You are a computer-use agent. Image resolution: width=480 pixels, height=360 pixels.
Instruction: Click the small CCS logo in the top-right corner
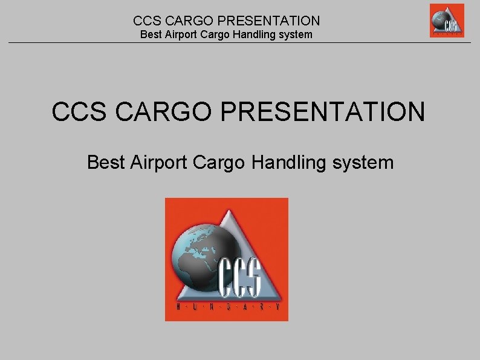[447, 21]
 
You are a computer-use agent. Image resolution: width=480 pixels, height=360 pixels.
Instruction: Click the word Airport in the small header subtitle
[181, 34]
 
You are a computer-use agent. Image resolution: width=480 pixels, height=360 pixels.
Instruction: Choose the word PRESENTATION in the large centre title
[317, 111]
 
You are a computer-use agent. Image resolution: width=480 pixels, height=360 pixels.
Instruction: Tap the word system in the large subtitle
[363, 162]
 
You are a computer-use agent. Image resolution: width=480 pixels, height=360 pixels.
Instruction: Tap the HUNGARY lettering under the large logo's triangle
[227, 309]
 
